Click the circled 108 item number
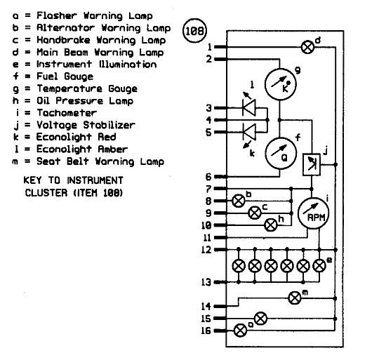coord(194,31)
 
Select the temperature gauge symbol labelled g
coord(280,84)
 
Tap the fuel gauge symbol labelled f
coord(281,154)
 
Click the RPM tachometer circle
coord(314,213)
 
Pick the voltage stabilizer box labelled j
coord(312,164)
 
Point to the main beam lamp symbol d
coord(308,47)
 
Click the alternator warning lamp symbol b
coord(239,201)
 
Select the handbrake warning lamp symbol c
coord(255,213)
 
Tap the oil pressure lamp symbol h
coord(271,225)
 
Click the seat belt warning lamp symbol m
coord(295,298)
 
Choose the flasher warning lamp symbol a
coord(241,331)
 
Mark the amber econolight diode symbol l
coord(249,108)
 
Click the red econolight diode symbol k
coord(249,132)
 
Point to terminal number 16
coord(206,331)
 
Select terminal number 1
coord(210,47)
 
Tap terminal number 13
coord(206,282)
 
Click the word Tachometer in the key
coord(67,113)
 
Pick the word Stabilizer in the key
coord(109,125)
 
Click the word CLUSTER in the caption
coord(46,193)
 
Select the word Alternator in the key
coord(65,28)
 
